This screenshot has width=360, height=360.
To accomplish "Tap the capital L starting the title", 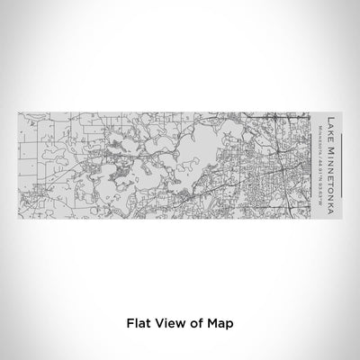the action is pyautogui.click(x=333, y=118).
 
